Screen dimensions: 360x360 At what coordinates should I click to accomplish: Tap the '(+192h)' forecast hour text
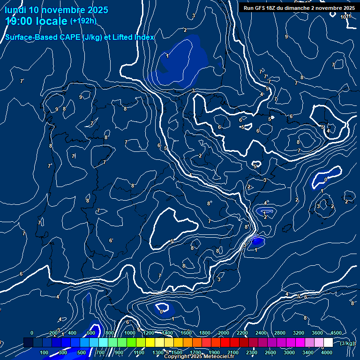tap(83, 21)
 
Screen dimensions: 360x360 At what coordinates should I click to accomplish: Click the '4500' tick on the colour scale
tap(336, 333)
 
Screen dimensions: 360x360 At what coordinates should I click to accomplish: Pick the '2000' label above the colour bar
tap(224, 333)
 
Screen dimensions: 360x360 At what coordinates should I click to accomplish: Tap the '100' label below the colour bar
tap(45, 352)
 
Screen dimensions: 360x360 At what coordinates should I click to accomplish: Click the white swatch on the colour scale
tap(328, 343)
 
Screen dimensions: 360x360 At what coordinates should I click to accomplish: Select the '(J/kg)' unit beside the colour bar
tap(347, 344)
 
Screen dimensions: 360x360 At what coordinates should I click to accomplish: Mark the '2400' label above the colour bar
tap(261, 333)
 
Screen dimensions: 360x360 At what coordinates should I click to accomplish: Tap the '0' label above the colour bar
tap(32, 333)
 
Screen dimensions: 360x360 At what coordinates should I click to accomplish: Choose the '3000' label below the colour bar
tap(289, 352)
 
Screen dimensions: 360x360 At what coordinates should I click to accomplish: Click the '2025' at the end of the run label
tap(348, 8)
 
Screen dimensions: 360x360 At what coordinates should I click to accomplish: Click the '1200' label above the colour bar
tap(149, 333)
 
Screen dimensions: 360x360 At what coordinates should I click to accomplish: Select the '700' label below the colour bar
tap(100, 352)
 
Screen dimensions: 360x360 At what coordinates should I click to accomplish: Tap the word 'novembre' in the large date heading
tap(64, 10)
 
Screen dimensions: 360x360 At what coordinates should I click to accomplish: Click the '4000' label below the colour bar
tap(327, 352)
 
